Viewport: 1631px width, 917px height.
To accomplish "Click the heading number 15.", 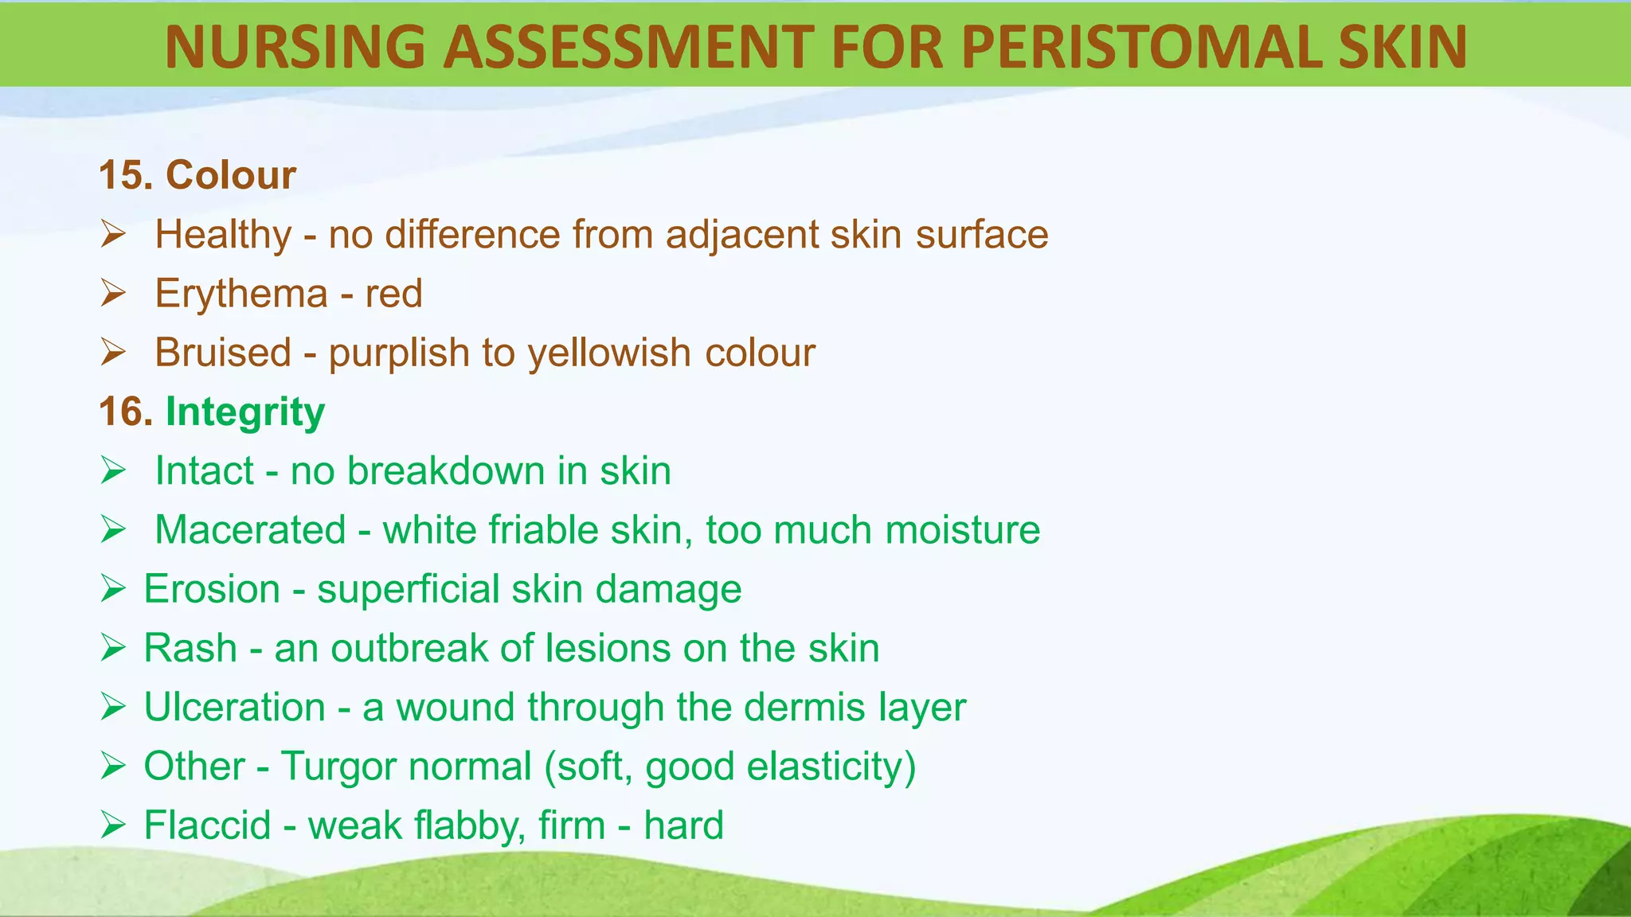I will tap(126, 175).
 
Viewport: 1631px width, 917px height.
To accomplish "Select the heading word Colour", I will tap(231, 175).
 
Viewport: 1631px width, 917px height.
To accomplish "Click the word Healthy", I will tap(224, 236).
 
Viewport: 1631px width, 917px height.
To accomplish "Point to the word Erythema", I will tap(241, 295).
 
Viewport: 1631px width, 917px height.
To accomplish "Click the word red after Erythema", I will tap(393, 295).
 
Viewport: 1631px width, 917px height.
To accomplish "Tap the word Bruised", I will tap(223, 353).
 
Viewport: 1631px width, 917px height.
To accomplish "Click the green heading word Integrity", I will tap(245, 413).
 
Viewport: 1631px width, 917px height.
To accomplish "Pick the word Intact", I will tap(205, 470).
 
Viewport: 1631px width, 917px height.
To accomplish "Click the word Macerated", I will tap(251, 530).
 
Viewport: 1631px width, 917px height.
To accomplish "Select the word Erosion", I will tap(212, 589).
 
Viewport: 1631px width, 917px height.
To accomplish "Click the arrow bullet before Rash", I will tap(113, 648).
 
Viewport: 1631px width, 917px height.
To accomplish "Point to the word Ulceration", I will tap(235, 707).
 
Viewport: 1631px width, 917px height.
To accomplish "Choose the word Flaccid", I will tap(208, 825).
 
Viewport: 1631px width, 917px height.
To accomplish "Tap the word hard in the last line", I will tap(683, 825).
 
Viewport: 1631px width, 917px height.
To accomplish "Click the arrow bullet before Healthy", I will tap(113, 235).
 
